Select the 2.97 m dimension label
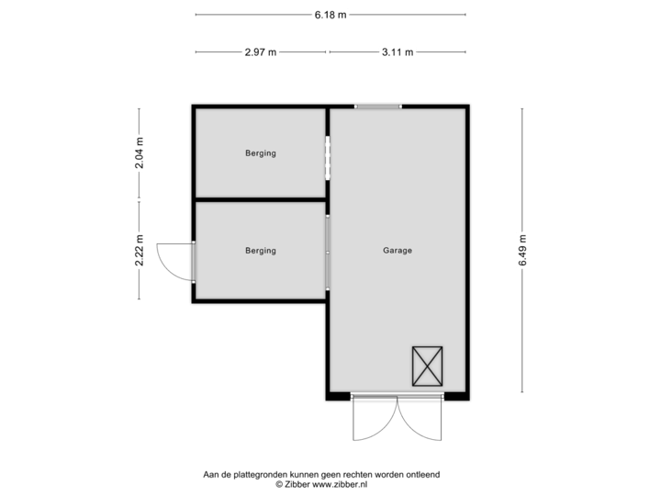point(261,52)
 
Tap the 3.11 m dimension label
point(398,52)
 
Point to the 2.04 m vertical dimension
point(140,153)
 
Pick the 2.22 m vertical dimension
point(140,251)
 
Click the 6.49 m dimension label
point(522,250)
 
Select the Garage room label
point(398,250)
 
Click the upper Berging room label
point(261,153)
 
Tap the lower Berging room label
point(261,250)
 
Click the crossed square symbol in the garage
point(427,366)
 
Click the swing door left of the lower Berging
point(174,261)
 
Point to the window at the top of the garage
point(378,106)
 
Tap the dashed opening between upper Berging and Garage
point(328,158)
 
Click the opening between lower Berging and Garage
point(328,252)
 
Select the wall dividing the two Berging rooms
point(261,199)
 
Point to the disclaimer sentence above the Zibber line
point(321,474)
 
